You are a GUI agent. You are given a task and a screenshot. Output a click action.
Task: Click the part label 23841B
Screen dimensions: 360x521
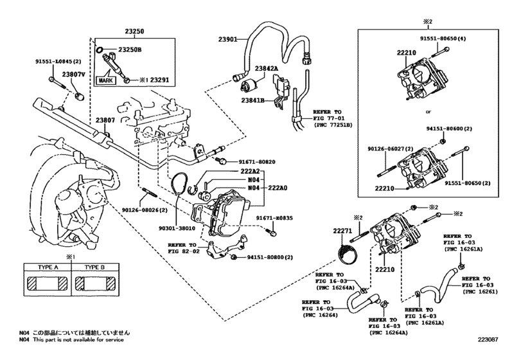coord(255,100)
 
